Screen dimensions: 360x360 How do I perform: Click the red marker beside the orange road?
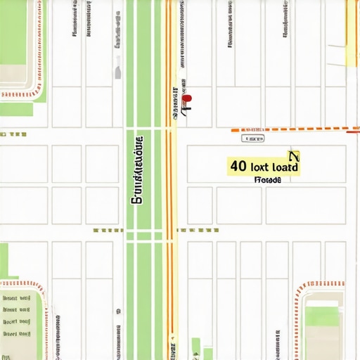(x=187, y=101)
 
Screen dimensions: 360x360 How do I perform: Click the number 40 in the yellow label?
(x=238, y=167)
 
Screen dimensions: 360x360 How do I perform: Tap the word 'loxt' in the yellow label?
(x=260, y=167)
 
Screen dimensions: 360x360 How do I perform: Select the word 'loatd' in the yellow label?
(x=285, y=167)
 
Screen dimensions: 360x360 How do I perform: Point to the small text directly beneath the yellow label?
(x=267, y=180)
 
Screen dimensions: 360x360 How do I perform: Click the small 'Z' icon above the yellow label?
(x=294, y=156)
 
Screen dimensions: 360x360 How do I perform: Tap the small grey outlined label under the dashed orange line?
(x=250, y=138)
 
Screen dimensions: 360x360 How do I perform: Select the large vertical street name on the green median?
(x=138, y=169)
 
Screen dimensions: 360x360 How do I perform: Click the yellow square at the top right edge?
(x=352, y=55)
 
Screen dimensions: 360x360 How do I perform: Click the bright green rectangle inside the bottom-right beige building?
(x=323, y=316)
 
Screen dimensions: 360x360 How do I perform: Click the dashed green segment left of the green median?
(x=108, y=230)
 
